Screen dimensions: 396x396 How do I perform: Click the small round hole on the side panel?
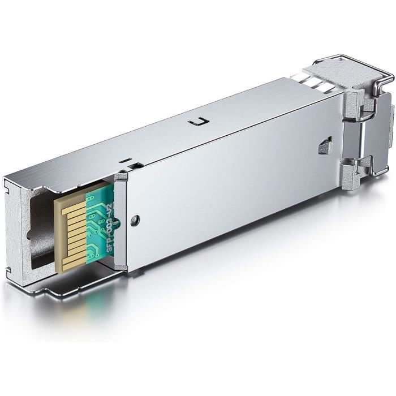tap(134, 221)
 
